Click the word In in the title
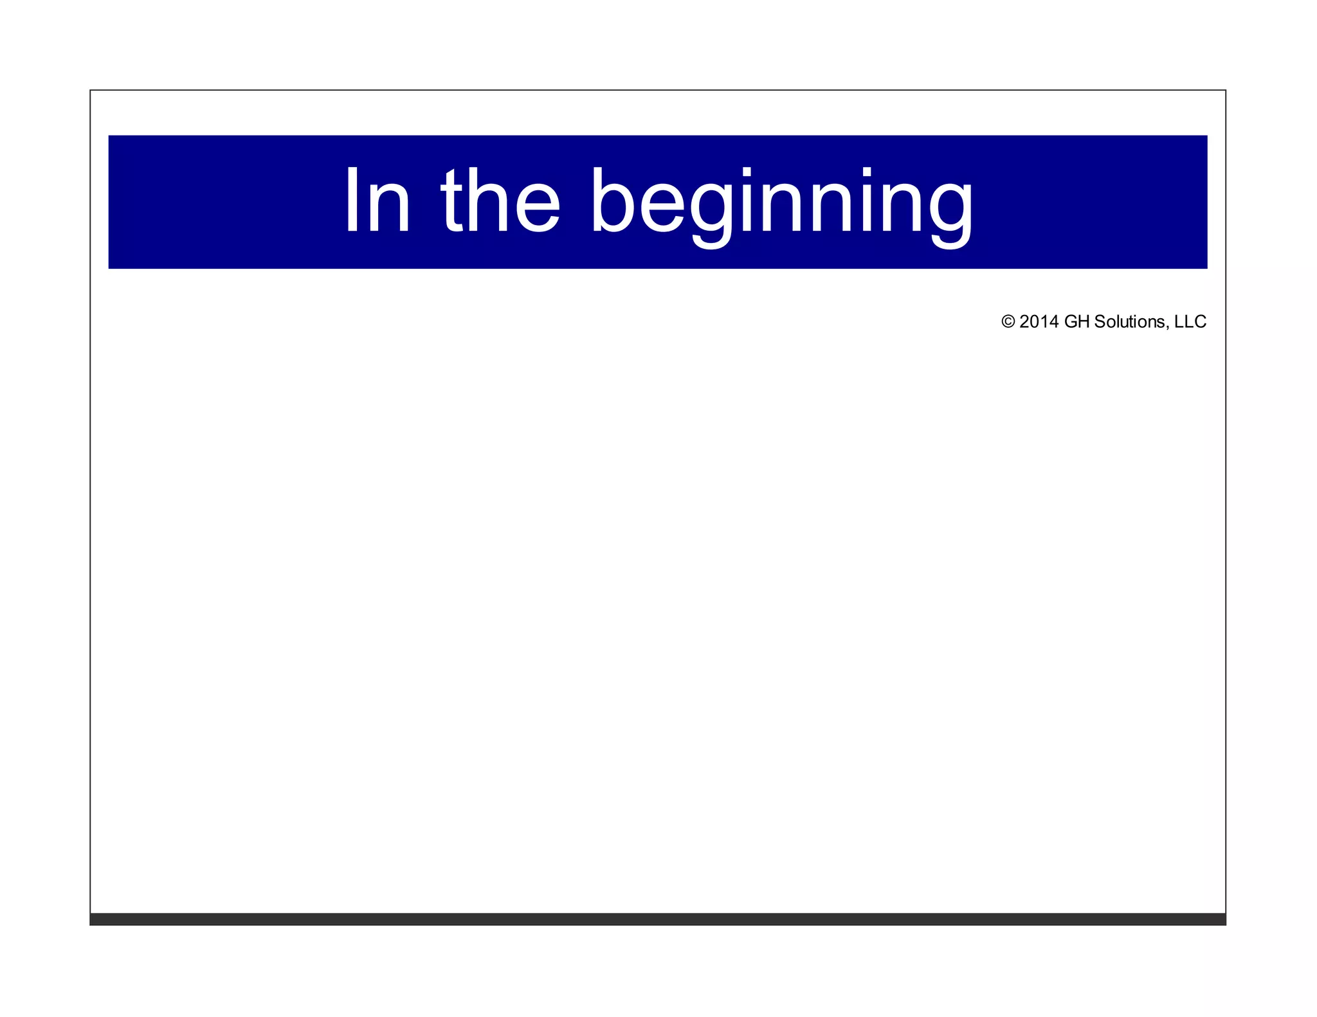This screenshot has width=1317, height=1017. coord(377,201)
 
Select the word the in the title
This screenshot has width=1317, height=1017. coord(500,201)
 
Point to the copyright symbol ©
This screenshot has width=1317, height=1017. coord(1008,321)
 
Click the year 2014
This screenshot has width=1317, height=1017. coord(1039,321)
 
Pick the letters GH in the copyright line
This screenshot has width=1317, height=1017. coord(1077,321)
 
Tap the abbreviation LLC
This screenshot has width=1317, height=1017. coord(1190,321)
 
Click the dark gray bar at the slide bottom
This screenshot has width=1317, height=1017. coord(657,919)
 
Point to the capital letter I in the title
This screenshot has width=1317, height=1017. coord(351,201)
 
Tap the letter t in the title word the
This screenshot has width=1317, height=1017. coord(451,201)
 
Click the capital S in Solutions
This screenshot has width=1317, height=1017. coord(1100,321)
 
